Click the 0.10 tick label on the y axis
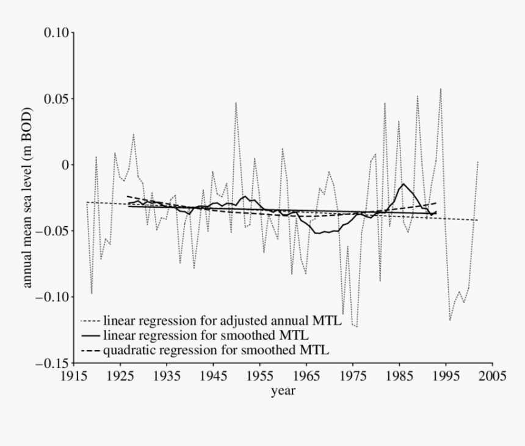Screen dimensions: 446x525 [x=56, y=32]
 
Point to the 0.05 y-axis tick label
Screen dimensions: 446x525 [x=56, y=98]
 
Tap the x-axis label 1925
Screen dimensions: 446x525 [x=120, y=376]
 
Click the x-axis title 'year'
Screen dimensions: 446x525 [x=283, y=390]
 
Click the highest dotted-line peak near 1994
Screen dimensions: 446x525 [x=441, y=89]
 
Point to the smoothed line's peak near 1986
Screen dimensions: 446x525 [x=404, y=184]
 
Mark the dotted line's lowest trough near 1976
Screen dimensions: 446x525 [x=357, y=327]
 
